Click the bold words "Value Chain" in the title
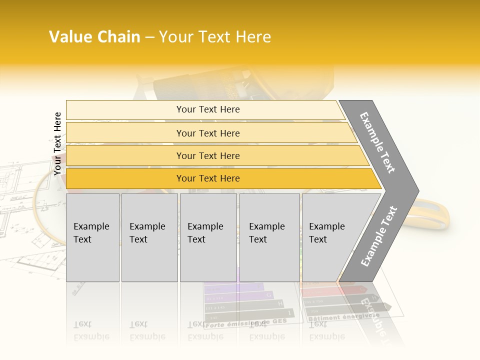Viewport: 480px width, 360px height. click(94, 37)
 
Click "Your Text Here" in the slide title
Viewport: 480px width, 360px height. click(215, 37)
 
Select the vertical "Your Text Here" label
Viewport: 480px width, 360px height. click(57, 144)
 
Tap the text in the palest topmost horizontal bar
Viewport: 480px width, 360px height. click(208, 109)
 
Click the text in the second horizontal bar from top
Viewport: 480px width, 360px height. click(208, 133)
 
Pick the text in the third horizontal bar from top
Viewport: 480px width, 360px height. click(208, 156)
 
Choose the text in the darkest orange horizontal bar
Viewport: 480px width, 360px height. click(208, 178)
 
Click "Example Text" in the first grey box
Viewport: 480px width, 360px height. click(91, 233)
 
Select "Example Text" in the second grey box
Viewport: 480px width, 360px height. click(147, 233)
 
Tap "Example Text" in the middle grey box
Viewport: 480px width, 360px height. click(205, 233)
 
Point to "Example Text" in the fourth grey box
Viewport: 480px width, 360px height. click(266, 233)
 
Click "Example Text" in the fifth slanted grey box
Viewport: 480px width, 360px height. click(326, 233)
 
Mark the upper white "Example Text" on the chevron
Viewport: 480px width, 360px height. click(377, 142)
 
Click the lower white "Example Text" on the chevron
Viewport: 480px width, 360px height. click(378, 236)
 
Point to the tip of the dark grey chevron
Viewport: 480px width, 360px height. click(418, 191)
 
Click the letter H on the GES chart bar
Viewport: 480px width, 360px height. click(279, 303)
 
